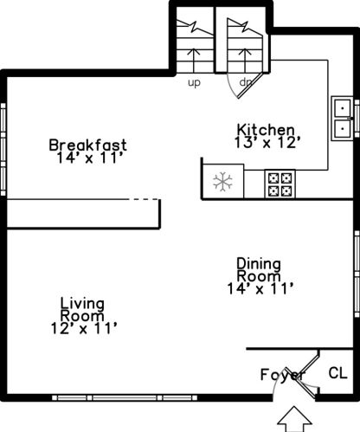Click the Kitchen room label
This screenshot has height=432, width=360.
[266, 130]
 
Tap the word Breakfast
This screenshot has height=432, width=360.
[87, 145]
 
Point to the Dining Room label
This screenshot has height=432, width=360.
[259, 269]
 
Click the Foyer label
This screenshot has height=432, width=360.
[282, 375]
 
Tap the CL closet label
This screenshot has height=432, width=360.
[337, 373]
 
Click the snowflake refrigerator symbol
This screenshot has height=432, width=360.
[222, 182]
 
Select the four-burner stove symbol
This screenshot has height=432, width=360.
[280, 184]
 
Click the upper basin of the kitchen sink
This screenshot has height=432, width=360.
[343, 108]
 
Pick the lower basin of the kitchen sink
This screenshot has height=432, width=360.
[343, 128]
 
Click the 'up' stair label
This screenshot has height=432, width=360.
[194, 83]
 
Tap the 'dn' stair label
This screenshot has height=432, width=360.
[246, 82]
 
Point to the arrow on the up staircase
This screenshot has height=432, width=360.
[194, 61]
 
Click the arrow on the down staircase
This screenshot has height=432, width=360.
[245, 61]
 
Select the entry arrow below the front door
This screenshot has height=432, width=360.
[294, 419]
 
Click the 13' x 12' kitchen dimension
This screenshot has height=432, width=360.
[267, 142]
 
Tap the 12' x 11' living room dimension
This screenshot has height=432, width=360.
[84, 328]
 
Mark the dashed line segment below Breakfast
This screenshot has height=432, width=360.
[144, 199]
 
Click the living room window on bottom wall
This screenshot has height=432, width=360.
[125, 398]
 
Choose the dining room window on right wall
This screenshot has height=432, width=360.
[357, 274]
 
